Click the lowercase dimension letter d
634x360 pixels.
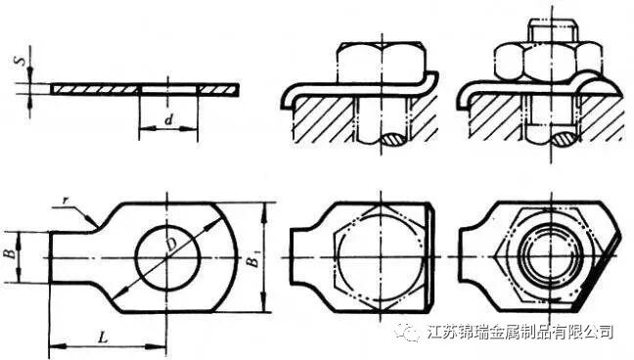pyautogui.click(x=168, y=119)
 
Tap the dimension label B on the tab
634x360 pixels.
pyautogui.click(x=9, y=256)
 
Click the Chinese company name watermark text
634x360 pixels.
pyautogui.click(x=522, y=334)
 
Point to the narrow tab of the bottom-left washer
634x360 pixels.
pyautogui.click(x=73, y=257)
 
